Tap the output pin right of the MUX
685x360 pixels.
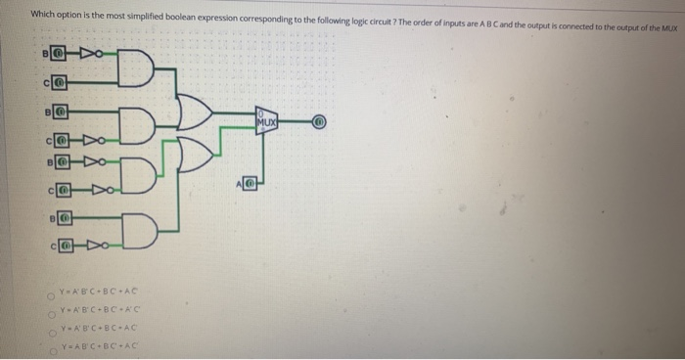(x=317, y=122)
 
